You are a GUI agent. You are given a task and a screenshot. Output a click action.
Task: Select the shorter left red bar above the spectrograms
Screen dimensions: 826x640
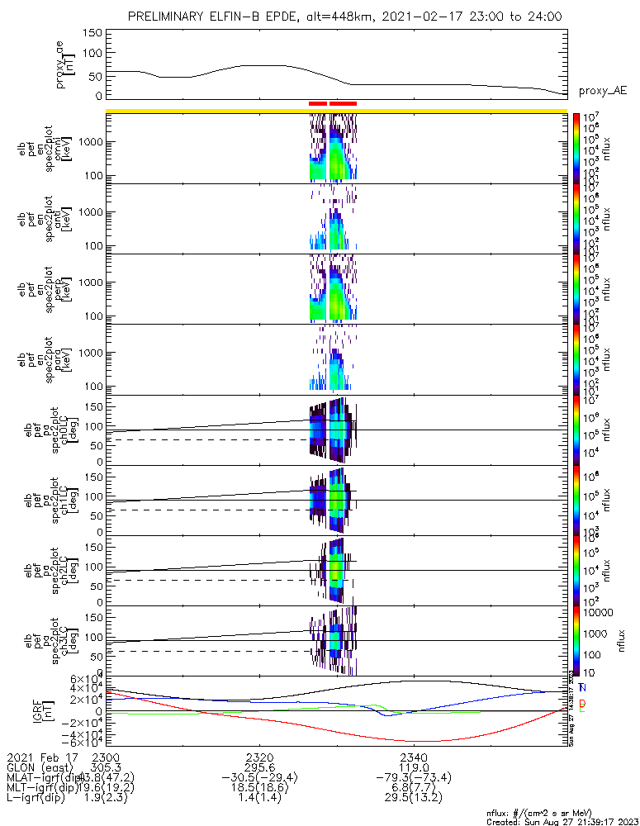[x=317, y=103]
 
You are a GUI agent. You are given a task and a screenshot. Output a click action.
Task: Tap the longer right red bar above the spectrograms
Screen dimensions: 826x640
[x=343, y=103]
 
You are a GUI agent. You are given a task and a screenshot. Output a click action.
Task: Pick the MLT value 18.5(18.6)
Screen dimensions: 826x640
[x=259, y=788]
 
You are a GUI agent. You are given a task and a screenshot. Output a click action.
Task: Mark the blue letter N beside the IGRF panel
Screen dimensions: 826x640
[x=582, y=687]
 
